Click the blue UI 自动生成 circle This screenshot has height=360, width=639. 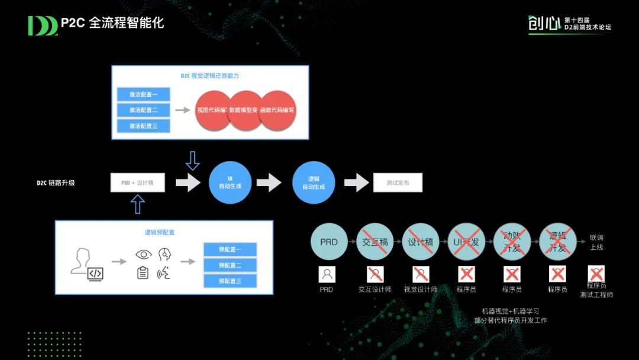[230, 183]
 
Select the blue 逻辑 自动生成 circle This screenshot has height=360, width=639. [314, 183]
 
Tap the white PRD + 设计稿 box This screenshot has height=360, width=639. [138, 183]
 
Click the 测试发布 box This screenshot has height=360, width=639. [398, 183]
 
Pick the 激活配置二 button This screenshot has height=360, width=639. [144, 110]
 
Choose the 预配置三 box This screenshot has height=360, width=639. [230, 281]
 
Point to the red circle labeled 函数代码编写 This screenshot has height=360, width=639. [277, 111]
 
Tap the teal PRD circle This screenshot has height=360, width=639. [329, 242]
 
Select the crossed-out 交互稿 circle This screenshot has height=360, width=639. [375, 242]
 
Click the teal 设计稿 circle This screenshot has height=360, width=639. [421, 242]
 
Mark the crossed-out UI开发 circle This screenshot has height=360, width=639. [466, 242]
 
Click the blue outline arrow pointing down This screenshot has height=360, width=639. [193, 160]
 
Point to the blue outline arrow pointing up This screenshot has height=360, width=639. [137, 204]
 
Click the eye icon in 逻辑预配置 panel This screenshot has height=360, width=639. [143, 255]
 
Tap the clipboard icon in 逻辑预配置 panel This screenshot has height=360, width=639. [143, 273]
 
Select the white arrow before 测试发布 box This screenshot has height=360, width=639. [357, 183]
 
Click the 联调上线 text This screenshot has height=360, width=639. [596, 242]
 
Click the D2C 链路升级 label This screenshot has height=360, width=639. [56, 183]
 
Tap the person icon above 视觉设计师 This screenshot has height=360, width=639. [421, 274]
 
